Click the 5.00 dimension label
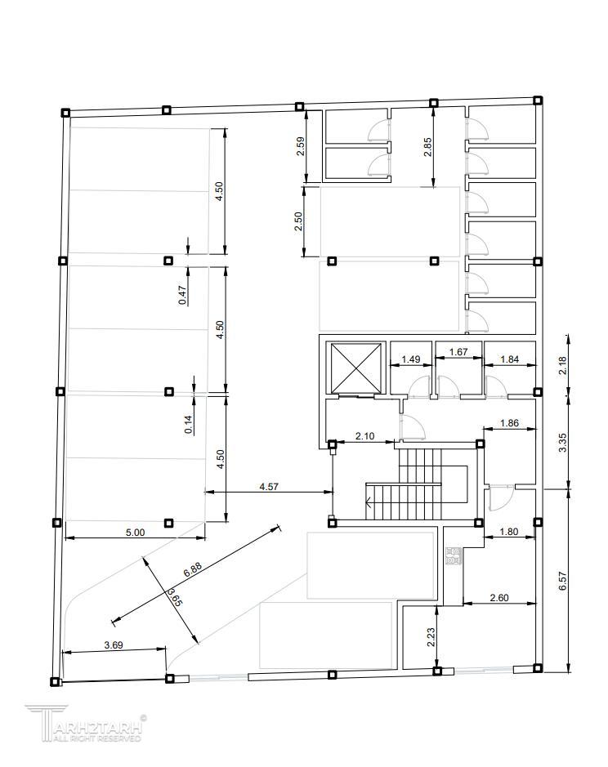point(135,533)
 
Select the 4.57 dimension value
point(269,487)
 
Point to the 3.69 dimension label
point(114,645)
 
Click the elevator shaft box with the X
point(356,368)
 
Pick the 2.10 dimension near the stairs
point(364,436)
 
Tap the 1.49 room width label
point(411,359)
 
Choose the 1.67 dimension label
point(458,352)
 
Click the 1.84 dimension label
point(509,359)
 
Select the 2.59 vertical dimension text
point(301,145)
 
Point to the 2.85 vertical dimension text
point(428,147)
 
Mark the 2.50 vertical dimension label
point(298,221)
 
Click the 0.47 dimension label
point(183,296)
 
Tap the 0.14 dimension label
point(189,424)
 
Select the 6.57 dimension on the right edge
point(562,581)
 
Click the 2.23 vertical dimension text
point(431,637)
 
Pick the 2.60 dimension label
point(498,598)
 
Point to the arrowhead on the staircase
point(369,502)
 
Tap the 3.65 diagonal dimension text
point(175,598)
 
